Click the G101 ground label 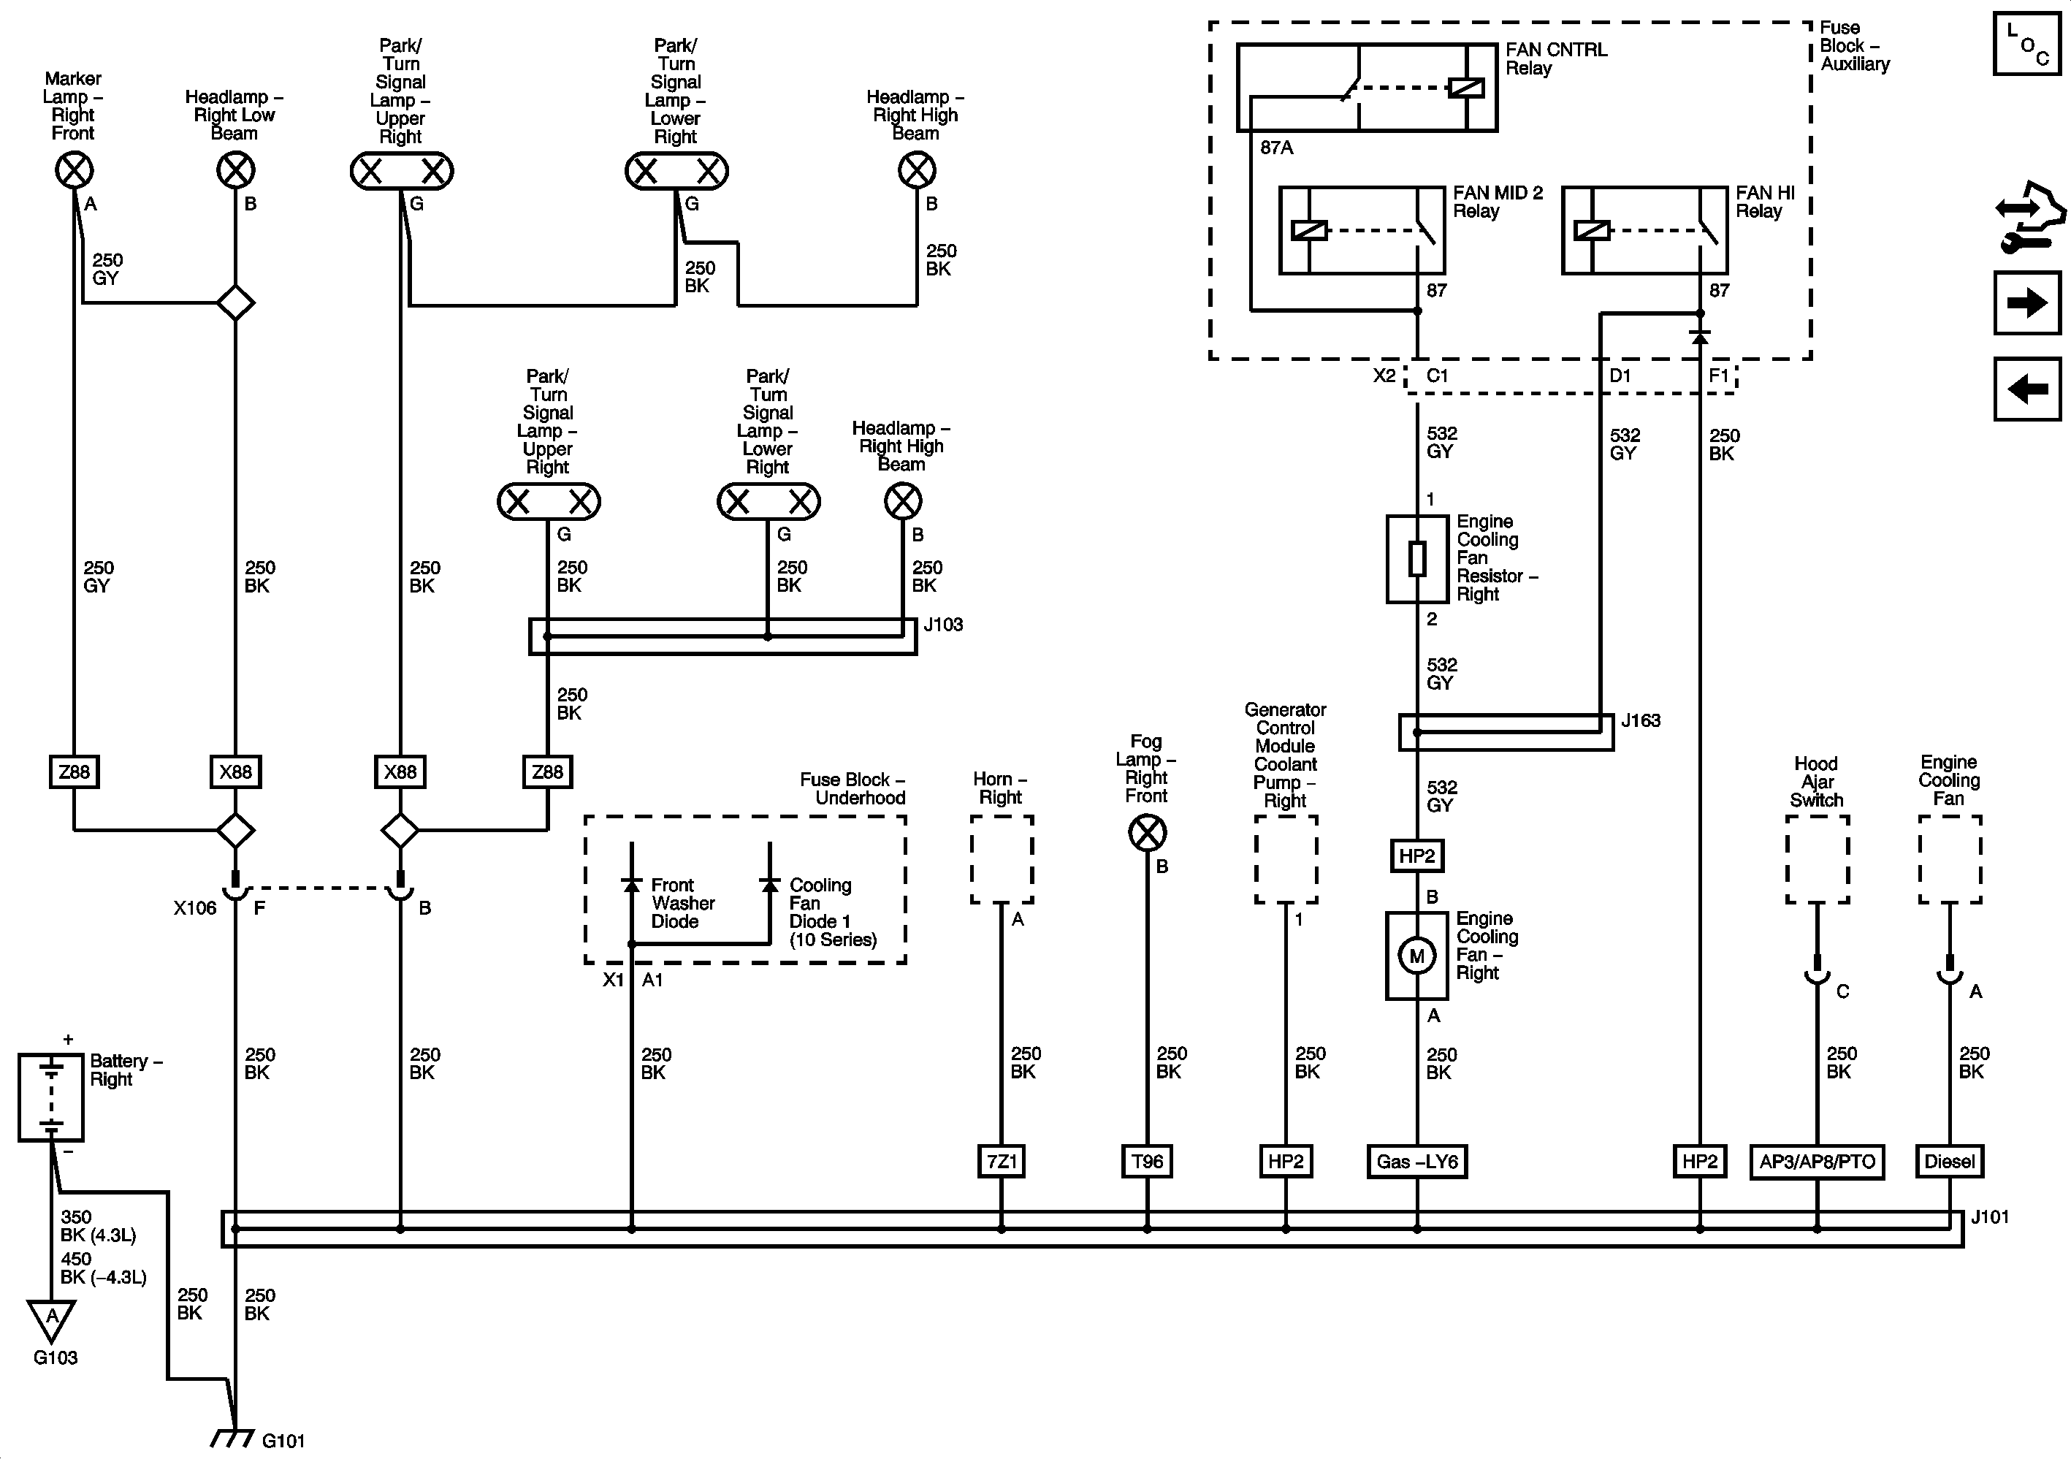283,1441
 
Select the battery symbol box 51,1097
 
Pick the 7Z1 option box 1002,1161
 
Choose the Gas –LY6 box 1416,1161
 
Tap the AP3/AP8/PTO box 1817,1161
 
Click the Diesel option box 1949,1161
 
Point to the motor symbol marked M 1416,956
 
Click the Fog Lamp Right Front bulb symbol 1148,833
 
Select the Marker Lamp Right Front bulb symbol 74,170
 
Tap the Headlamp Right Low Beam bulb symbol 235,170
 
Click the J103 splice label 942,625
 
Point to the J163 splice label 1640,721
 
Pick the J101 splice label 1989,1217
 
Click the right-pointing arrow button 2026,302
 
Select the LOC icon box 2026,43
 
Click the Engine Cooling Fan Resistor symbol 1417,558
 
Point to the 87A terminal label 1276,147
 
